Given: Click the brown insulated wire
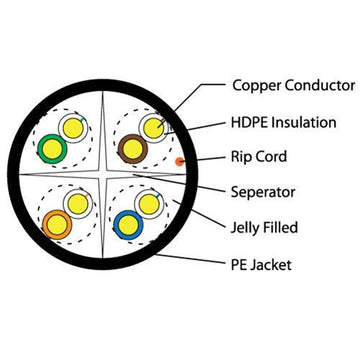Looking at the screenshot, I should point(131,150).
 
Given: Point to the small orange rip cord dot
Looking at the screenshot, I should point(180,160).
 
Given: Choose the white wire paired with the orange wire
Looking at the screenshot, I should point(75,204).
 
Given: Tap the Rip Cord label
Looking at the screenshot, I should point(260,157).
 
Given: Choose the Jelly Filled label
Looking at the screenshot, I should point(266,227).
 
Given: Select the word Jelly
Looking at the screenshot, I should point(249,227).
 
